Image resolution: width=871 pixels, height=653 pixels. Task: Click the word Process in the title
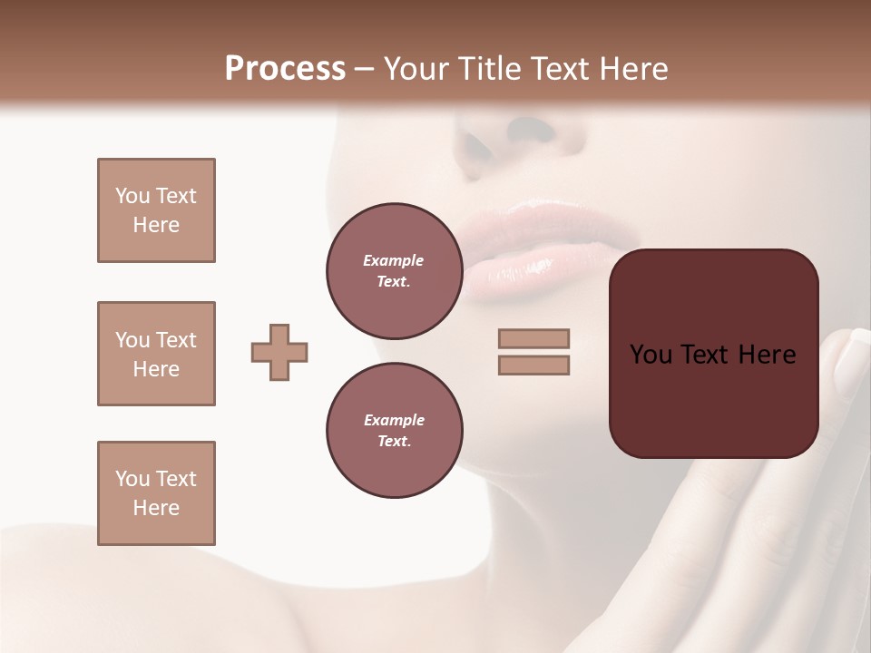[x=285, y=69]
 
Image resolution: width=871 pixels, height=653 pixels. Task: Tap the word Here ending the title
[x=631, y=69]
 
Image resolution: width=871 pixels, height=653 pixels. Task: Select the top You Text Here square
[x=156, y=210]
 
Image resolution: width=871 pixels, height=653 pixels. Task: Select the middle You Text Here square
[x=156, y=354]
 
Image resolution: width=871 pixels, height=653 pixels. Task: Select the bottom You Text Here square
[x=156, y=493]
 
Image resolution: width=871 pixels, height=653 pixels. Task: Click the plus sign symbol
[x=279, y=352]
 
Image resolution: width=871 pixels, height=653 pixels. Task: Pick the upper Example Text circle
[x=394, y=271]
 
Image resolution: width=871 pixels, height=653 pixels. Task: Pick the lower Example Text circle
[x=394, y=431]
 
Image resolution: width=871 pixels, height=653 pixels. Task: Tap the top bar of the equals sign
[x=533, y=338]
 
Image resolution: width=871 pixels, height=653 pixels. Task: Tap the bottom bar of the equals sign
[x=533, y=365]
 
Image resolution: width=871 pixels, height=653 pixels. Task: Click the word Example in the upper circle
[x=394, y=260]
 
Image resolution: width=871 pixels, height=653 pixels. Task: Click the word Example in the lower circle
[x=394, y=420]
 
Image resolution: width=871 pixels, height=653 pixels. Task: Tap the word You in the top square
[x=132, y=196]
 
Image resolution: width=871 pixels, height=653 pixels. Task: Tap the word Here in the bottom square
[x=156, y=508]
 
